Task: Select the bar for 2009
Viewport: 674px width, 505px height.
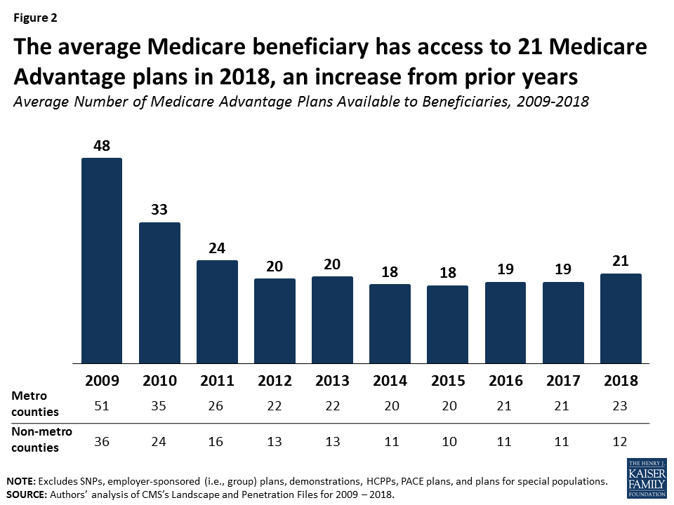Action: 102,261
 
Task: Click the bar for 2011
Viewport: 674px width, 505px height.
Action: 217,312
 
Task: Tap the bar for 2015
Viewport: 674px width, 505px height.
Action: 448,325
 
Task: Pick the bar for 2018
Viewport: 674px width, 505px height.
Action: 621,318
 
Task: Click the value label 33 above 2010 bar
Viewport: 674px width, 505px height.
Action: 159,210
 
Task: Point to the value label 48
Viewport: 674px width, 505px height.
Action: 102,145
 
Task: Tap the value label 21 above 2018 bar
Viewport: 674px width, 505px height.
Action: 621,261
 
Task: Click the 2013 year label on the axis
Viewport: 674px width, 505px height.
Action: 332,381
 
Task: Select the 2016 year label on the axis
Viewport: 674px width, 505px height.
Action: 505,381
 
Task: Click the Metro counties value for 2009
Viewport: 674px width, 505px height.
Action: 102,405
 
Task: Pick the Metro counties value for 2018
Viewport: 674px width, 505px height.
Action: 621,405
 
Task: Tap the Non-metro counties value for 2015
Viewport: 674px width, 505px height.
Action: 448,441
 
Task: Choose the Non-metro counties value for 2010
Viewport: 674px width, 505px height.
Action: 159,441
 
